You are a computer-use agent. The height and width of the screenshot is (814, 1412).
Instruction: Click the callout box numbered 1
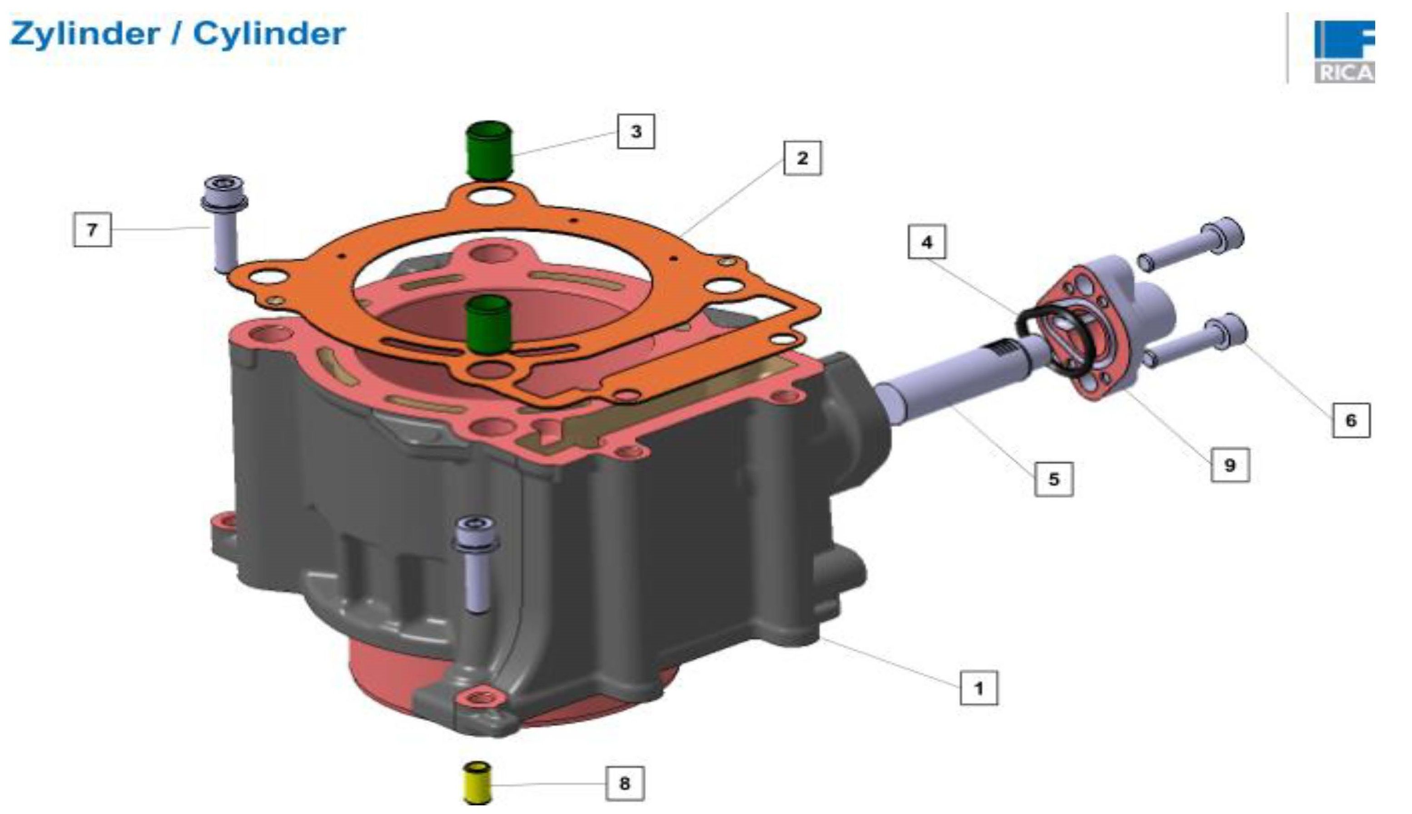coord(978,688)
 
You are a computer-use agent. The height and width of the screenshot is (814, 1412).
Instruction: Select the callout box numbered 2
coord(802,158)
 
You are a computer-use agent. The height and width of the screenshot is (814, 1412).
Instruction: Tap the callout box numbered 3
coord(636,131)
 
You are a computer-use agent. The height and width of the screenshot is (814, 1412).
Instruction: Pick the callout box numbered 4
coord(927,242)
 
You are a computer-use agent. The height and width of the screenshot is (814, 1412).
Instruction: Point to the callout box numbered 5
coord(1054,479)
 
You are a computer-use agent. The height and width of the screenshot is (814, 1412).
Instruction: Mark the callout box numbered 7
coord(92,229)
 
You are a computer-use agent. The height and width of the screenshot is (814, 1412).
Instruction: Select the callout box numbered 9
coord(1230,465)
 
